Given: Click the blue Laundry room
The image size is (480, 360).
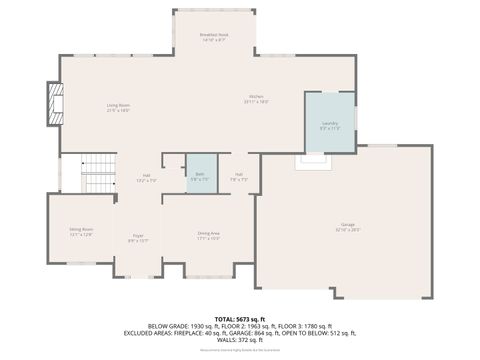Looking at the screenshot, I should tap(330, 124).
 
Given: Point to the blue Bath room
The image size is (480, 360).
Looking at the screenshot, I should tap(201, 174).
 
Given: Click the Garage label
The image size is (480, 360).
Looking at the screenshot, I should tap(347, 226).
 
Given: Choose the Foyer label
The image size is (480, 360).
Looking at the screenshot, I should tap(138, 239).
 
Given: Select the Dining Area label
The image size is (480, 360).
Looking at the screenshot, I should tap(208, 236).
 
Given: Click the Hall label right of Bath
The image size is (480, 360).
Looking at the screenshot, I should tap(239, 176).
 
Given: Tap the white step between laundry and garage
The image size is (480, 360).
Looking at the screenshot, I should tap(312, 156).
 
